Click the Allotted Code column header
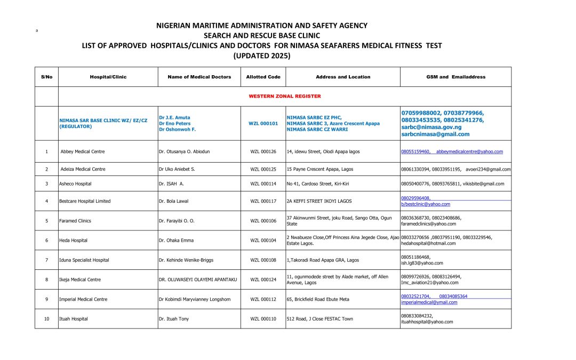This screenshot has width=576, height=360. (x=263, y=77)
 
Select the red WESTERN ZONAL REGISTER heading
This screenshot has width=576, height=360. (x=284, y=97)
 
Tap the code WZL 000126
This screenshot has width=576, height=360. (x=263, y=151)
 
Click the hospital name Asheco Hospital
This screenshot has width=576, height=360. (x=75, y=183)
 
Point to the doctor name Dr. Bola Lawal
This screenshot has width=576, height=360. (x=175, y=201)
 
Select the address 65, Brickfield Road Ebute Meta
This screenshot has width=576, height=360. (x=318, y=299)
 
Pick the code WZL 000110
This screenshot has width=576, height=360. (x=263, y=319)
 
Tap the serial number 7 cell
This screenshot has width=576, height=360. (x=46, y=260)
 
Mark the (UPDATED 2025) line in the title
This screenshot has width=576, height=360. (x=261, y=55)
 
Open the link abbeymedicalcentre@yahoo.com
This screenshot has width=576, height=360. (x=469, y=151)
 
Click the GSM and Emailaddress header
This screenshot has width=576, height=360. (x=455, y=77)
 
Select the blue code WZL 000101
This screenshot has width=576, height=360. (x=263, y=123)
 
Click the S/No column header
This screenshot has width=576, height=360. (x=46, y=77)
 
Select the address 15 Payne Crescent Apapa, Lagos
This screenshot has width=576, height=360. (x=319, y=169)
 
